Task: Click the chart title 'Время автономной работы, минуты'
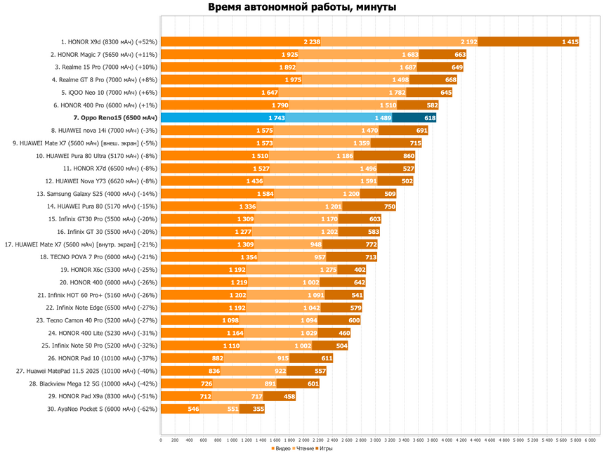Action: [x=302, y=8]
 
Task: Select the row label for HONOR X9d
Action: [x=109, y=41]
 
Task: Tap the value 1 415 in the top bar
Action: [x=570, y=41]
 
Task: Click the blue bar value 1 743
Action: [x=276, y=118]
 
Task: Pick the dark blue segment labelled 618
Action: [x=430, y=118]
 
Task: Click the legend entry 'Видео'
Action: [x=282, y=447]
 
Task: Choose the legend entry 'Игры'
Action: [x=326, y=447]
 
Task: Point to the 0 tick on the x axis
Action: [x=161, y=440]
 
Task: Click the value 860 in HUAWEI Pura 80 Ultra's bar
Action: [x=409, y=156]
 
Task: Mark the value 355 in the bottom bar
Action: [x=258, y=409]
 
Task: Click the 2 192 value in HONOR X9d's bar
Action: [x=469, y=41]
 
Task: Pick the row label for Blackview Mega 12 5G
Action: [x=93, y=383]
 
